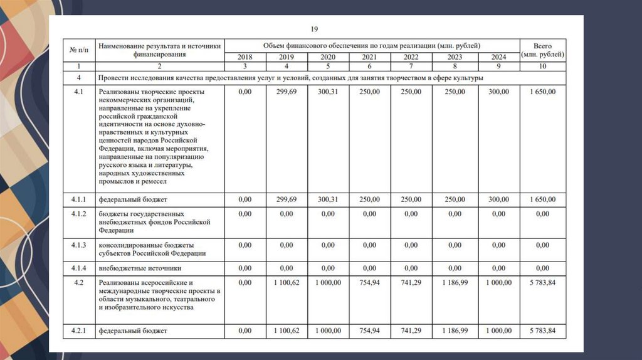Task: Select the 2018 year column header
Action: click(245, 57)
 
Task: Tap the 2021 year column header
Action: click(370, 57)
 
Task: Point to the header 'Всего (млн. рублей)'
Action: click(542, 50)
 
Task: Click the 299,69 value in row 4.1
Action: click(286, 92)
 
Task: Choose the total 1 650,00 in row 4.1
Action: click(542, 92)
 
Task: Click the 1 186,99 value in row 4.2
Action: click(455, 283)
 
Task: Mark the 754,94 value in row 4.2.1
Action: click(370, 331)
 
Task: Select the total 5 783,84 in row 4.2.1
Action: click(542, 331)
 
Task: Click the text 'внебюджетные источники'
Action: click(140, 268)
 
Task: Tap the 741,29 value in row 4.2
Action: click(411, 283)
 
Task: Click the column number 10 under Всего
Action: click(542, 66)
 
